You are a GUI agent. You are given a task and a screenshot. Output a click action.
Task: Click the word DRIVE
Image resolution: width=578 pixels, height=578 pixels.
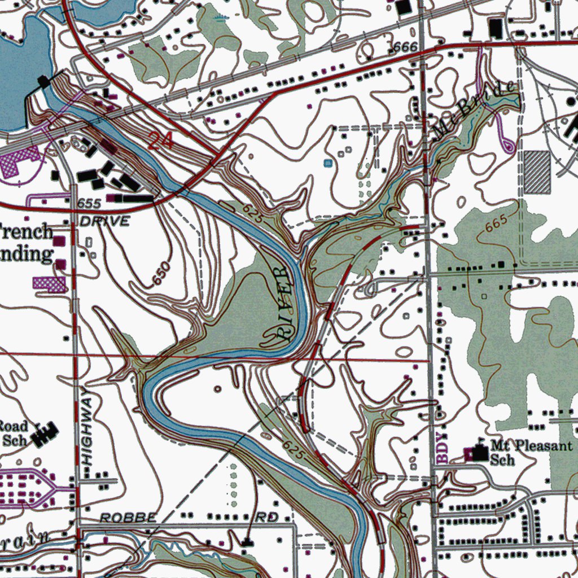[104, 221]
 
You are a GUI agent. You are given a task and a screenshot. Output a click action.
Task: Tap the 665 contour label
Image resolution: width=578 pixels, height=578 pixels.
[497, 224]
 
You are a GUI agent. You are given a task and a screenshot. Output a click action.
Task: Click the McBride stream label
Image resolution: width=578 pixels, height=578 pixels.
[475, 110]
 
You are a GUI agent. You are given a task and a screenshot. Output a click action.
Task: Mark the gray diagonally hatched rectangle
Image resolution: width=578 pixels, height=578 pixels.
[537, 172]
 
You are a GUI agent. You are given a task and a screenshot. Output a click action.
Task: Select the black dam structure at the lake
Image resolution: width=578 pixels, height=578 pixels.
[44, 82]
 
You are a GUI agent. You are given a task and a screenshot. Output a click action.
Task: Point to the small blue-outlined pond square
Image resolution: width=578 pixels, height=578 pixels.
[328, 163]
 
